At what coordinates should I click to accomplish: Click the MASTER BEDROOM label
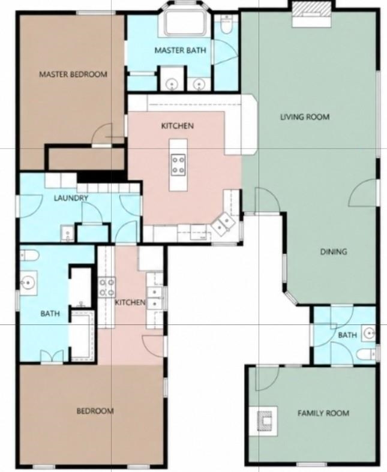coord(73,74)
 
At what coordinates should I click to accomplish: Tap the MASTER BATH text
coord(181,50)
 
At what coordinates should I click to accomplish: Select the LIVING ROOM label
coord(305,117)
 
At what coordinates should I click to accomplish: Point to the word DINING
coord(334,251)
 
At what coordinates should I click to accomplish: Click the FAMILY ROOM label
coord(323,413)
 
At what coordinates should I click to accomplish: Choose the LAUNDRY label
coord(71,198)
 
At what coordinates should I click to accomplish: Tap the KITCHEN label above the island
coord(178,125)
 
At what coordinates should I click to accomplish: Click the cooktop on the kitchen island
coord(178,165)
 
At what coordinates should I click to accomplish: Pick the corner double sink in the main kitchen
coord(223,224)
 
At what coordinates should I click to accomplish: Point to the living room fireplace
coord(312,14)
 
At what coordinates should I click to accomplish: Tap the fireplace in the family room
coord(265,420)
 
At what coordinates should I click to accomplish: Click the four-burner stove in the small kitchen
coord(107,287)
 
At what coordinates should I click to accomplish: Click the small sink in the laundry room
coord(67,233)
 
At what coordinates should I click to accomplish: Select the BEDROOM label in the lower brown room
coord(95,411)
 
